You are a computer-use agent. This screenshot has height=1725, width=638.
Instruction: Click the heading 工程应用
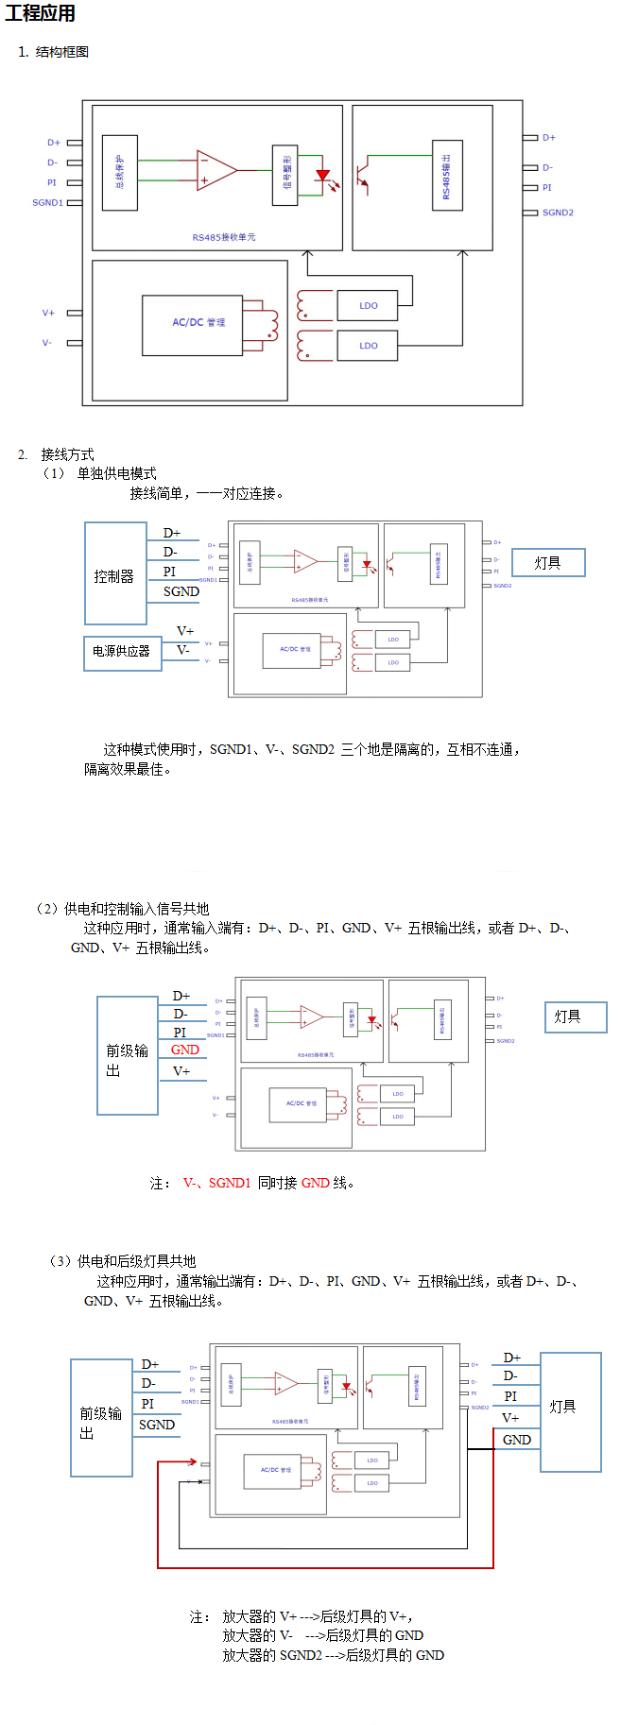[x=40, y=13]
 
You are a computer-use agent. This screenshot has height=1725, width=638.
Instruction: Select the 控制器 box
[x=115, y=573]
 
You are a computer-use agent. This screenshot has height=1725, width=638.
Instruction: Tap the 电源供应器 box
[x=122, y=652]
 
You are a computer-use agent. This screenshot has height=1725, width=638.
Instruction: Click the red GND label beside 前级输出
[x=185, y=1050]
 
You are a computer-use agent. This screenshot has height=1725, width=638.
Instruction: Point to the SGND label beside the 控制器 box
[x=181, y=591]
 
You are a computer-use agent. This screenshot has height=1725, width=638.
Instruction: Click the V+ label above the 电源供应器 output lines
[x=185, y=631]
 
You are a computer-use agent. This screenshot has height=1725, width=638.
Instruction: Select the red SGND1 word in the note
[x=230, y=1183]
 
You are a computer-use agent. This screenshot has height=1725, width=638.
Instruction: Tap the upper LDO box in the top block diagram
[x=369, y=306]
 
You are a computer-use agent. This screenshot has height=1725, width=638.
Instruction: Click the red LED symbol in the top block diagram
[x=323, y=176]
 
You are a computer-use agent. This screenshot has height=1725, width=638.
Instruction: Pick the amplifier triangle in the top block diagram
[x=216, y=170]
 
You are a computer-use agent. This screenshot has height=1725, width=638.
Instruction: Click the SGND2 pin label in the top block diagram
[x=558, y=213]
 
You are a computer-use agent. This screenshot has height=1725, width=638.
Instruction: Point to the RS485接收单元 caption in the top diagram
[x=224, y=237]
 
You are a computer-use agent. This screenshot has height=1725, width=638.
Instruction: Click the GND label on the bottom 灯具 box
[x=517, y=1440]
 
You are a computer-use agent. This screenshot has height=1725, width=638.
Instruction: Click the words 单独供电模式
[x=117, y=473]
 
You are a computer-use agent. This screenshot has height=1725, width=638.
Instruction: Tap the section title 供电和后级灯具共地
[x=137, y=1261]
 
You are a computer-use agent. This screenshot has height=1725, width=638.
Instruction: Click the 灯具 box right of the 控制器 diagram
[x=548, y=563]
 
